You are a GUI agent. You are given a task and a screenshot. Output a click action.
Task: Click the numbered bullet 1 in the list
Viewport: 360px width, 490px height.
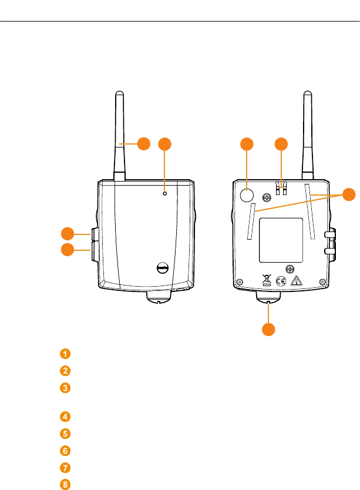point(65,354)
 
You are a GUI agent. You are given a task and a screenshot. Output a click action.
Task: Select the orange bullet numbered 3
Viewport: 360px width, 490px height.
point(65,388)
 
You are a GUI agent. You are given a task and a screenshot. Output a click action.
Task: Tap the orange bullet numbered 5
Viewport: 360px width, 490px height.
point(65,434)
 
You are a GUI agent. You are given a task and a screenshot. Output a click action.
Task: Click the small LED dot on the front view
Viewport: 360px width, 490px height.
point(165,193)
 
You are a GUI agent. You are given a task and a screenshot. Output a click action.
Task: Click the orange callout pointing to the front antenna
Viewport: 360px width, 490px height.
point(144,143)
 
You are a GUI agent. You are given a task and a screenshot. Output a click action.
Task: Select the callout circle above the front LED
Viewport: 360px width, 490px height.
point(166,143)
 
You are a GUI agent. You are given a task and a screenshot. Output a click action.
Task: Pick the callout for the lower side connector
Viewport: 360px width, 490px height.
point(68,250)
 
